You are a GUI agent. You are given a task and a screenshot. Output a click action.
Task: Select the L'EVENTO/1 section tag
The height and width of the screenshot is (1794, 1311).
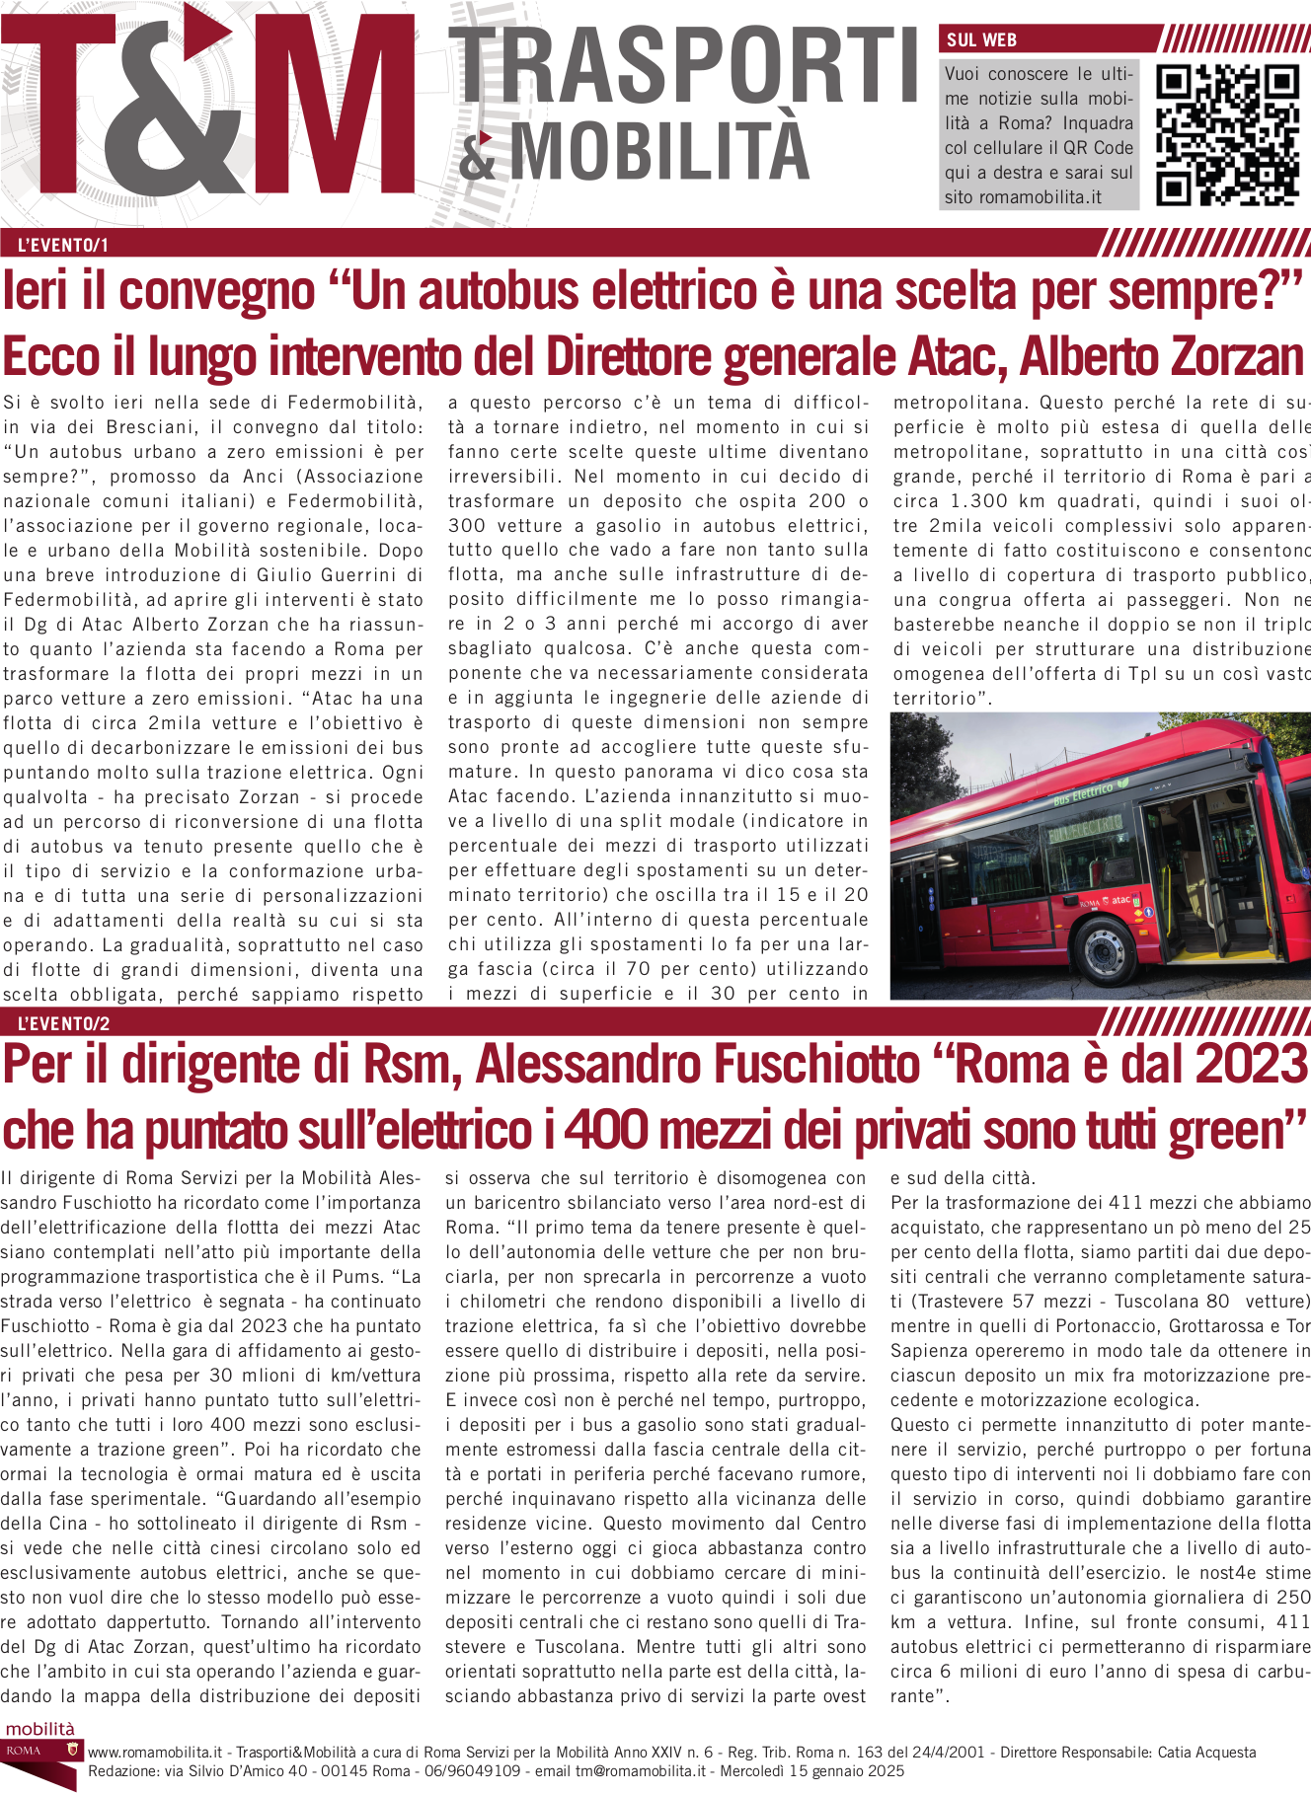point(63,245)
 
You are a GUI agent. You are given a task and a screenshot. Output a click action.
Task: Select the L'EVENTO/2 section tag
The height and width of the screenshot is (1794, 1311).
point(63,1023)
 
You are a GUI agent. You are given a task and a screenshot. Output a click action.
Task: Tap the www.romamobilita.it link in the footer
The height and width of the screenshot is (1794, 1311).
point(155,1753)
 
